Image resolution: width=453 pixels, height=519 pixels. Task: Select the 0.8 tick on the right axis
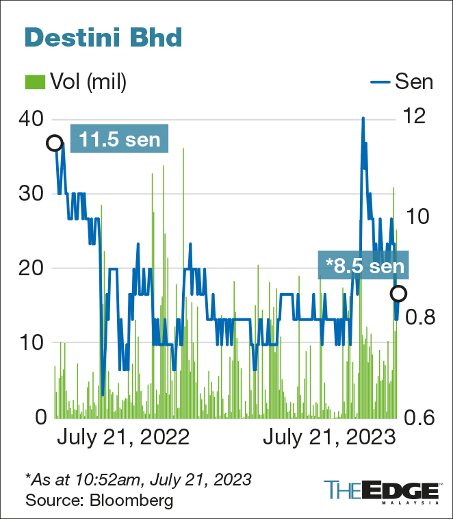pos(421,318)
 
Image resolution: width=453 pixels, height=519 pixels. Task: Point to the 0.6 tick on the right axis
pos(421,417)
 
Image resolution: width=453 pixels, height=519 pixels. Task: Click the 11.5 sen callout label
pos(119,140)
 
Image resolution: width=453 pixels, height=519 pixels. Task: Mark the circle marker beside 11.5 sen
pos(55,143)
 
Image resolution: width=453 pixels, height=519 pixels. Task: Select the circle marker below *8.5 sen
pos(398,293)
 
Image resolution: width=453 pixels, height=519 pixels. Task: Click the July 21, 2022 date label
pos(122,438)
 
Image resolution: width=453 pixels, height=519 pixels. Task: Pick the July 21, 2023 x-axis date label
pos(330,438)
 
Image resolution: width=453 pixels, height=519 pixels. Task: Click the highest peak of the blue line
pos(363,118)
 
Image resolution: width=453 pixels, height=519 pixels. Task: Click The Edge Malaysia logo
pos(381,492)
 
